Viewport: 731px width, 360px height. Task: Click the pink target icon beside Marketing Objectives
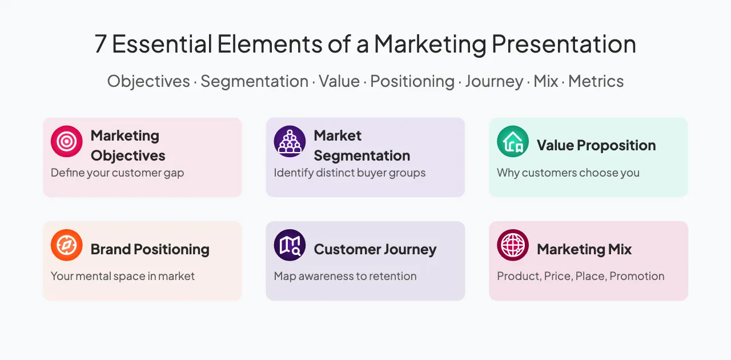67,142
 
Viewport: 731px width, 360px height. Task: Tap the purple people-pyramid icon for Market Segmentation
290,142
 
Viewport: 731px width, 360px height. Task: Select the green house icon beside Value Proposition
513,142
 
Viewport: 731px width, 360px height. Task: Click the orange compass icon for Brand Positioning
67,245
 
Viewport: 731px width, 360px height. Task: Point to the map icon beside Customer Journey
290,245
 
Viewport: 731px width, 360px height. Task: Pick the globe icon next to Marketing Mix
513,245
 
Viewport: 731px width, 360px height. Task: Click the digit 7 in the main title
101,44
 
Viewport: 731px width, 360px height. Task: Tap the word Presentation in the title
564,44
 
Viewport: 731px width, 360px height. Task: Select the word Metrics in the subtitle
596,81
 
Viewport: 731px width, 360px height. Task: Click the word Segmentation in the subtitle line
255,81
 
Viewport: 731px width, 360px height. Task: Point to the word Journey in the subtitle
494,82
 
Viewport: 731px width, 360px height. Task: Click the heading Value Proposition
596,145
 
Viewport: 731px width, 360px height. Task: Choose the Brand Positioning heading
150,249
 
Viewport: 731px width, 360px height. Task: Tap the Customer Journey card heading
375,249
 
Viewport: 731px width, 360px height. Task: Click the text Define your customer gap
118,173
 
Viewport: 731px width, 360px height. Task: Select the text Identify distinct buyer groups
350,173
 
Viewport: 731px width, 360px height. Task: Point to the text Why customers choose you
568,173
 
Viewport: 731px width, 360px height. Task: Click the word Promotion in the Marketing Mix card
637,277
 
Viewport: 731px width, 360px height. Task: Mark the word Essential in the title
162,44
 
